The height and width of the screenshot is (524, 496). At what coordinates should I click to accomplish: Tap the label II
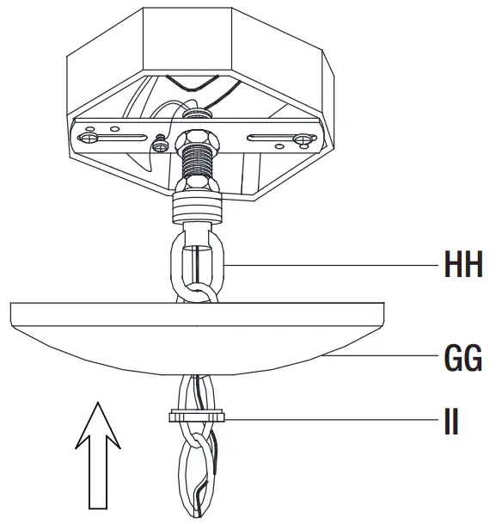450,422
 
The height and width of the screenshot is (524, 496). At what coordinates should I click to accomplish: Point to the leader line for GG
387,354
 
